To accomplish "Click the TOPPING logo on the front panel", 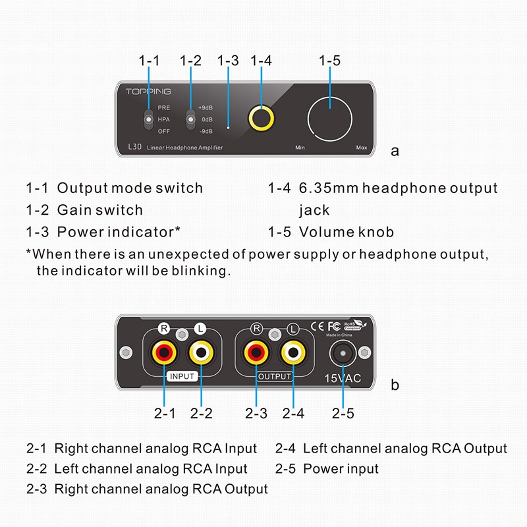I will tap(148, 92).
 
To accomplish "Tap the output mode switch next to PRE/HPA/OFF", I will tap(149, 119).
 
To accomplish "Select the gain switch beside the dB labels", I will tap(191, 119).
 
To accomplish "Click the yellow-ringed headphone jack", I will tap(262, 119).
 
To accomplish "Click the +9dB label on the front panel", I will tap(205, 107).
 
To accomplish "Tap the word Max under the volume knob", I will tap(361, 148).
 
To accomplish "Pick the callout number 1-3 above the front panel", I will tap(228, 61).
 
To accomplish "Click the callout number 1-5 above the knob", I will tap(329, 61).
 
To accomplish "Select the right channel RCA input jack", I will tap(164, 354).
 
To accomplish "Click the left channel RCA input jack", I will tap(201, 354).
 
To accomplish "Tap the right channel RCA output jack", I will tap(256, 354).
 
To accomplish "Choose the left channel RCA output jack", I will tap(293, 354).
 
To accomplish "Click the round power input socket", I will tap(343, 355).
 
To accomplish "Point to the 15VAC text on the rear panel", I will tap(343, 378).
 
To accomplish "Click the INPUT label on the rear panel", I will tap(182, 376).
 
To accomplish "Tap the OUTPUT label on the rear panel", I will tap(274, 376).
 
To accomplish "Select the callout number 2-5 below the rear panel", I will tap(343, 413).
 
